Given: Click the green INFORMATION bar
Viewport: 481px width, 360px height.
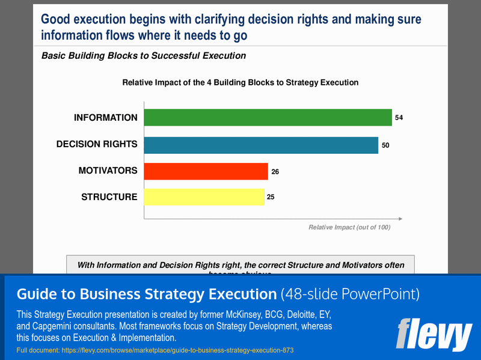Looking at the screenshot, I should (268, 118).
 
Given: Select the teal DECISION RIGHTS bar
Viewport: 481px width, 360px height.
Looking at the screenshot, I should (261, 145).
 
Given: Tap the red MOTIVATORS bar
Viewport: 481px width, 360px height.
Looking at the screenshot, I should (206, 171).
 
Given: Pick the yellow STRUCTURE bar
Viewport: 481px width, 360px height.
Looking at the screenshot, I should (204, 197).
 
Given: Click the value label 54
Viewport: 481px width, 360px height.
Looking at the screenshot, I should (399, 118).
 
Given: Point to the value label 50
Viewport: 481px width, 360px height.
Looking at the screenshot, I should (385, 145).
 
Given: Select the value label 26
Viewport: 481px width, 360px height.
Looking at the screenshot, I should (275, 172).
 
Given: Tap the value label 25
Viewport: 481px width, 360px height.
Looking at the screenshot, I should (271, 197).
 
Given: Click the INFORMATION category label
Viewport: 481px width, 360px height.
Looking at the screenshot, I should (106, 118).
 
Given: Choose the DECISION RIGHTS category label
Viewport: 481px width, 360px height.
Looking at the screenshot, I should (97, 144).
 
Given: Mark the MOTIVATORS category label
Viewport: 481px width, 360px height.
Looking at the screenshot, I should (108, 171).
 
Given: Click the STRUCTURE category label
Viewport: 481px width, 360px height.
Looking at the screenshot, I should (109, 197).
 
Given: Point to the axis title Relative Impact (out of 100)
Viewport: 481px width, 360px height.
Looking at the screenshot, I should (349, 227).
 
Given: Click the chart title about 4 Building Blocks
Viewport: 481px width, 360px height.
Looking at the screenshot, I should (240, 82).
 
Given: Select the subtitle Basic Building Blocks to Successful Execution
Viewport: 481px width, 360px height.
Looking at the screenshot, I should (143, 56).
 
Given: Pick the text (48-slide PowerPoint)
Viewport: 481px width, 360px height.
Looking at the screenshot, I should (350, 294).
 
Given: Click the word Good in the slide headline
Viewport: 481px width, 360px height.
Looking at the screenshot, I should (56, 19).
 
